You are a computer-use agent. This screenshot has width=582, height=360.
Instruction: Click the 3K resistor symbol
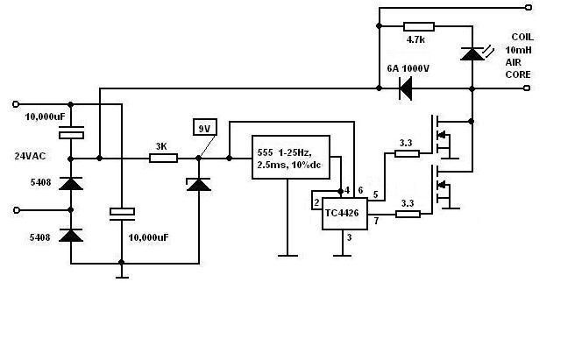(x=163, y=159)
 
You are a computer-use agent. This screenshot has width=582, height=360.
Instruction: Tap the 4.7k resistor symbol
(x=419, y=26)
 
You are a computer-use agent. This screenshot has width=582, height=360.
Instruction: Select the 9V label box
(x=205, y=127)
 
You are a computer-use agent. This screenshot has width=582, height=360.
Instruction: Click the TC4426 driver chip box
(x=344, y=214)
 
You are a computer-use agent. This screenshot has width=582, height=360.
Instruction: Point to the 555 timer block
(x=291, y=157)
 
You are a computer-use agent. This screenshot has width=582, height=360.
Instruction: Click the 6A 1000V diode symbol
(x=405, y=88)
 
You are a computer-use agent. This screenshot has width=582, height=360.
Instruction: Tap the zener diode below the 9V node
(x=199, y=184)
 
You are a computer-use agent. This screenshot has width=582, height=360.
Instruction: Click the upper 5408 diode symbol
(x=71, y=184)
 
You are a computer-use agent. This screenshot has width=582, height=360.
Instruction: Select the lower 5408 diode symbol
(x=71, y=236)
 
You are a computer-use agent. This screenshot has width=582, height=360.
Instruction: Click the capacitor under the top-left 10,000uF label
(x=71, y=132)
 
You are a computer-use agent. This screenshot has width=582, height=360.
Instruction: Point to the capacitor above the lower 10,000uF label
(x=122, y=215)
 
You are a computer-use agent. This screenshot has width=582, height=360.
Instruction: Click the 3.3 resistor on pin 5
(x=407, y=153)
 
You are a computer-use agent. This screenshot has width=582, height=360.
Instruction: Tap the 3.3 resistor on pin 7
(x=408, y=214)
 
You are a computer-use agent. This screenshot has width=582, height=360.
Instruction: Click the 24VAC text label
(x=30, y=156)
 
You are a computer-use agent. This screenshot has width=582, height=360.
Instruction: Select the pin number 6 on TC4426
(x=360, y=191)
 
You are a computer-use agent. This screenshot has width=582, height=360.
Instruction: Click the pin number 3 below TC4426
(x=349, y=237)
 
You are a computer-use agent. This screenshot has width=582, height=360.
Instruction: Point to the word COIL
(x=522, y=37)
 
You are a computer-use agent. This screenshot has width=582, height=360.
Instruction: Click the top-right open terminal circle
(x=529, y=7)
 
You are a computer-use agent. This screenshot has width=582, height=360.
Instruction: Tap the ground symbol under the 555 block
(x=287, y=256)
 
